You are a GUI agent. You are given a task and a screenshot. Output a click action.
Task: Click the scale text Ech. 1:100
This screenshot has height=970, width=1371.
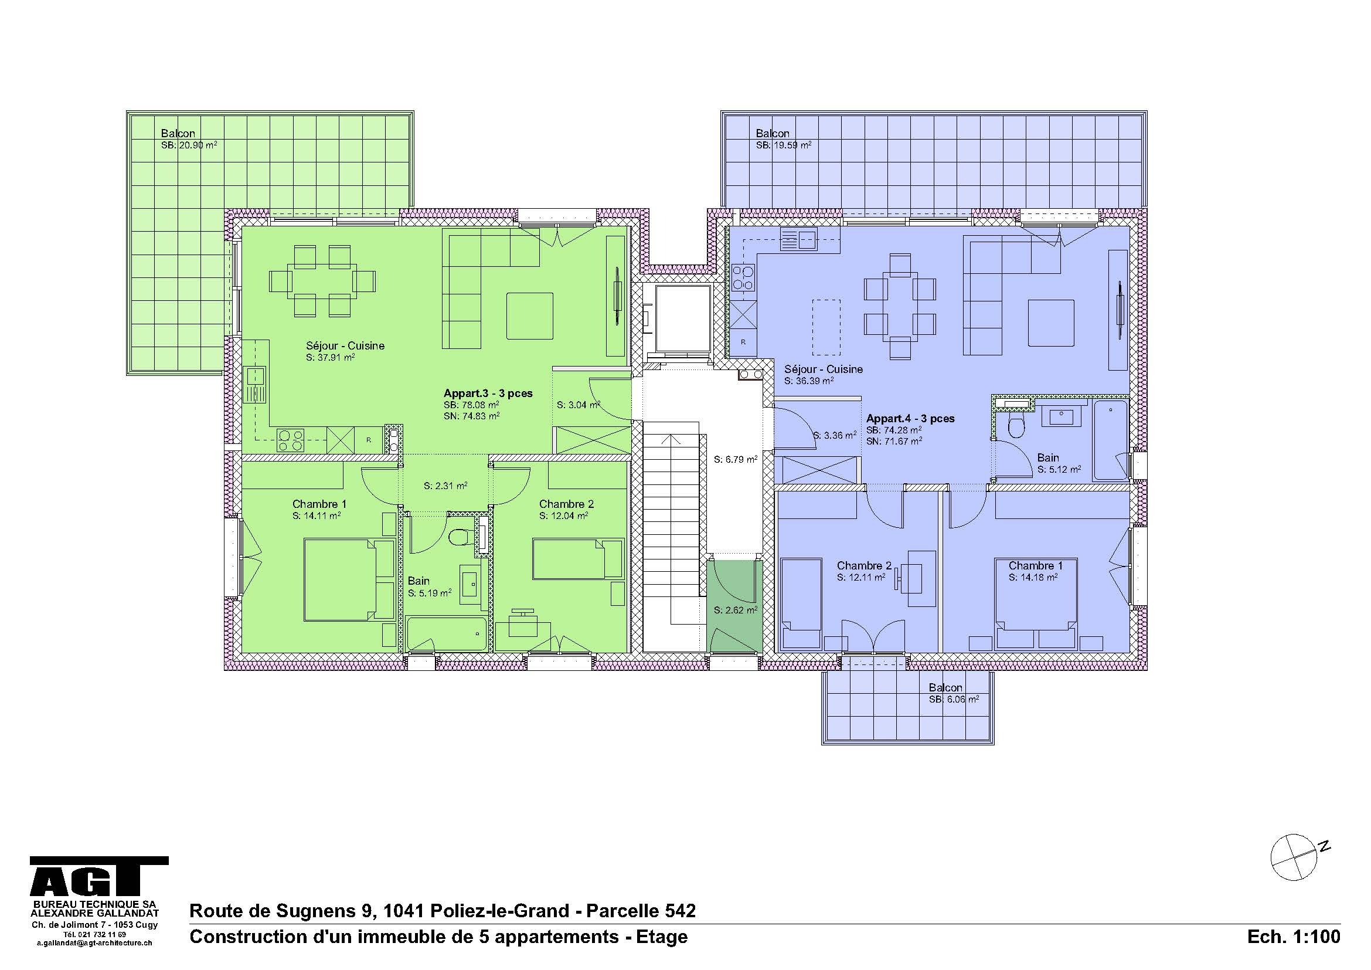tap(1294, 937)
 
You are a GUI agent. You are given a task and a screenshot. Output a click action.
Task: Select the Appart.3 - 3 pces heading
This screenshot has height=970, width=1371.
tap(488, 393)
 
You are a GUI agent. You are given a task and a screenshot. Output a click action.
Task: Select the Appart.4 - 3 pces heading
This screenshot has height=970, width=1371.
tap(910, 419)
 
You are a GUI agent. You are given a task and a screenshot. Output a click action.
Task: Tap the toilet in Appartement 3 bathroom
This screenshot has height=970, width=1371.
tap(458, 537)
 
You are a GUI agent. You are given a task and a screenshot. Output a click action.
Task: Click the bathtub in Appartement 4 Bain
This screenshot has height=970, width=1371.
tap(1110, 440)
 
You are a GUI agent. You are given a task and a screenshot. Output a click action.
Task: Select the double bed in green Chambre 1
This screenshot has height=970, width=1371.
tap(349, 579)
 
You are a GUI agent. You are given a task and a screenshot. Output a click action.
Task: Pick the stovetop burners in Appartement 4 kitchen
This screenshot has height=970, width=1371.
tap(742, 278)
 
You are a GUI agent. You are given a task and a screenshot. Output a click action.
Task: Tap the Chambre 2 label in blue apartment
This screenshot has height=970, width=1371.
tap(863, 565)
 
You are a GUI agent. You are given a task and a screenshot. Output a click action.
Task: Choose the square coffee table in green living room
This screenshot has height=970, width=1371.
tap(530, 316)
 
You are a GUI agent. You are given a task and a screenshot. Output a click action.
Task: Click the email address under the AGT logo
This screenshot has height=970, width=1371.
tap(94, 944)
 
